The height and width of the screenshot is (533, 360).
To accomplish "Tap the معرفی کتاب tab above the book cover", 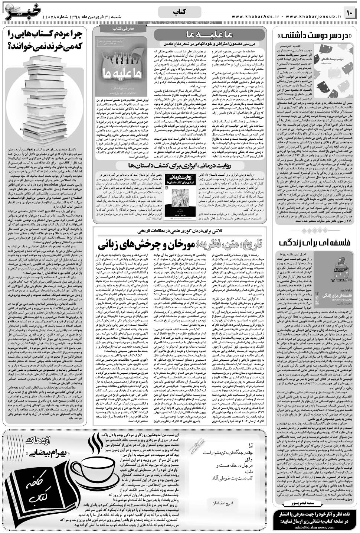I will point(118,27).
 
